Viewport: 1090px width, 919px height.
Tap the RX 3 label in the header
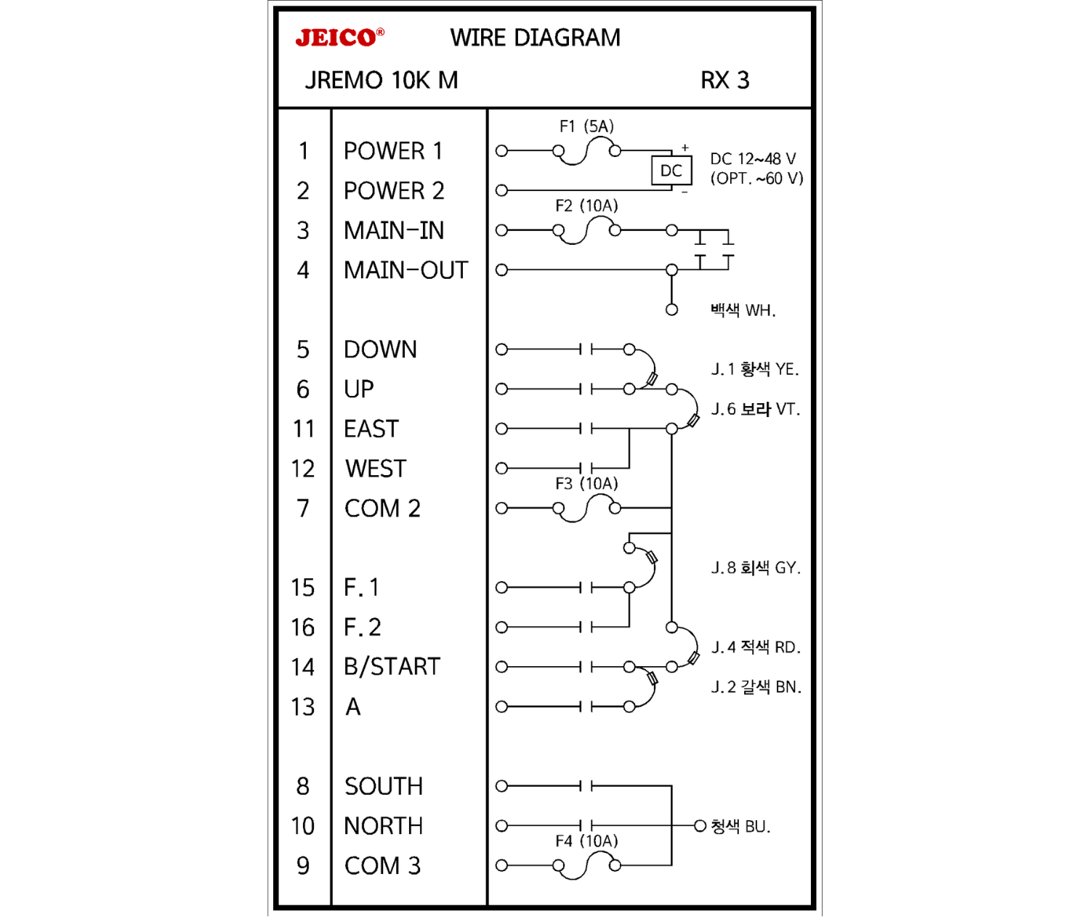[724, 80]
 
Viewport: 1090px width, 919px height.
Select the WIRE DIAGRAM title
[535, 38]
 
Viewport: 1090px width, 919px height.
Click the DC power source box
[671, 171]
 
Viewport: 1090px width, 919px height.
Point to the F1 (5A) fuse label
[586, 126]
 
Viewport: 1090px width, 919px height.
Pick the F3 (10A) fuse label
[586, 484]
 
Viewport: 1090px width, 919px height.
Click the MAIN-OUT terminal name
[405, 270]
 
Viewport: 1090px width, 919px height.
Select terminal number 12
[303, 469]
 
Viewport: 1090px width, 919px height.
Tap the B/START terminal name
[392, 667]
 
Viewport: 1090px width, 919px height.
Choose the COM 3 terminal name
[382, 866]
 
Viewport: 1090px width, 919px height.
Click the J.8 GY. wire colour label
[756, 568]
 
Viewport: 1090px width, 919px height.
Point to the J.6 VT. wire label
[755, 410]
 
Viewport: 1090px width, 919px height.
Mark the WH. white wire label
[743, 311]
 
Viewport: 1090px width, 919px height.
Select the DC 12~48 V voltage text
[753, 159]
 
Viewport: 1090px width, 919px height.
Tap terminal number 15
[303, 588]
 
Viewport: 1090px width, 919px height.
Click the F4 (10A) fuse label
[586, 841]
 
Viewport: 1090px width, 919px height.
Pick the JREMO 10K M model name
[381, 80]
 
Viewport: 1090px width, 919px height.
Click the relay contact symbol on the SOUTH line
[586, 786]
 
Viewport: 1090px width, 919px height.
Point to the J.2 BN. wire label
[756, 687]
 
